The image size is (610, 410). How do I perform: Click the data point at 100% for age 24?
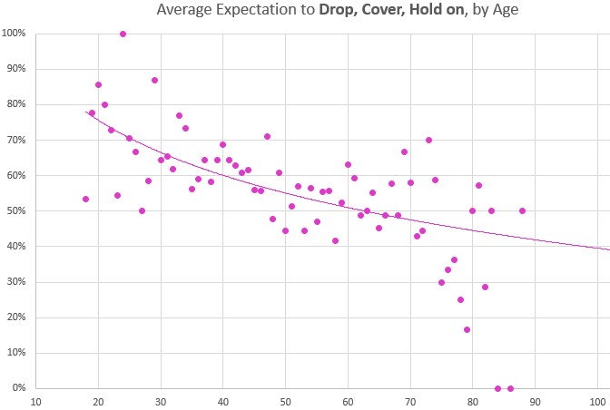123,34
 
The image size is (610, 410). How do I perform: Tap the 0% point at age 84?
497,388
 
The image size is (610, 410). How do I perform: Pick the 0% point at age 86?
510,388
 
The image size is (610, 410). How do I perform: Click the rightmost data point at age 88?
522,210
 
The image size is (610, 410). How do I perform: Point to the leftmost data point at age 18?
85,199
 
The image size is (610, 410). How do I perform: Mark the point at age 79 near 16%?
467,329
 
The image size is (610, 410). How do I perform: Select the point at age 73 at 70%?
428,140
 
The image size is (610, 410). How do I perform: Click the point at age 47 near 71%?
267,136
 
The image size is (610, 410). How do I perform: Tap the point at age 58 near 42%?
335,240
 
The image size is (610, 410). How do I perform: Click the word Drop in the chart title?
339,11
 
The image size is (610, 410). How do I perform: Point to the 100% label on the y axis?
14,34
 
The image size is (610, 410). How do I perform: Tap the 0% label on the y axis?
18,388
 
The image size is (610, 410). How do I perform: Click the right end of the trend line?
608,249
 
